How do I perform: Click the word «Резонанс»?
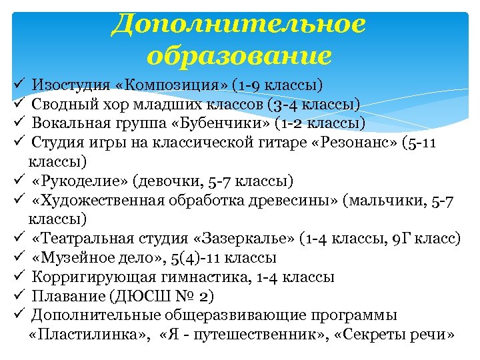pyautogui.click(x=353, y=143)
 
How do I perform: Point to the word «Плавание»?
pyautogui.click(x=63, y=296)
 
